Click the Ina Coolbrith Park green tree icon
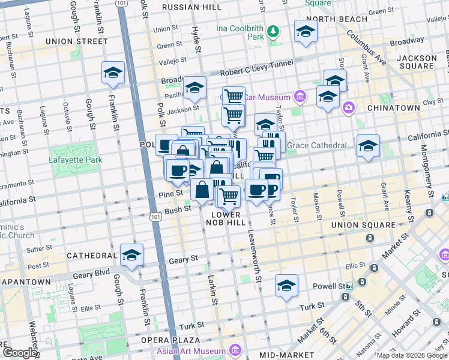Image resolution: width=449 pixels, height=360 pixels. tap(273, 31)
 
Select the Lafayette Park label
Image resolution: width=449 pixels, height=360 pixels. tap(76, 160)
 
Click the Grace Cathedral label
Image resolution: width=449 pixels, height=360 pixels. tap(316, 145)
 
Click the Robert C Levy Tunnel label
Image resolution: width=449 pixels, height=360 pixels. tap(256, 70)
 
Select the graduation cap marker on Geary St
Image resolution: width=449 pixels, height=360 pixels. tap(131, 256)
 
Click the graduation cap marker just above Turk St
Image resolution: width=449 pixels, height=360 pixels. tap(286, 286)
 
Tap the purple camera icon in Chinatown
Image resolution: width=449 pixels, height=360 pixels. tap(348, 107)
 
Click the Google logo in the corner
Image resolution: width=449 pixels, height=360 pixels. tap(20, 353)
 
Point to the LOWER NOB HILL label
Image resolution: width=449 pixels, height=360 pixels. tap(226, 218)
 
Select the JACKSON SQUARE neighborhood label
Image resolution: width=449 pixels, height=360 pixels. tap(416, 62)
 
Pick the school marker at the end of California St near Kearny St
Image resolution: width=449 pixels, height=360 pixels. tap(367, 146)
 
